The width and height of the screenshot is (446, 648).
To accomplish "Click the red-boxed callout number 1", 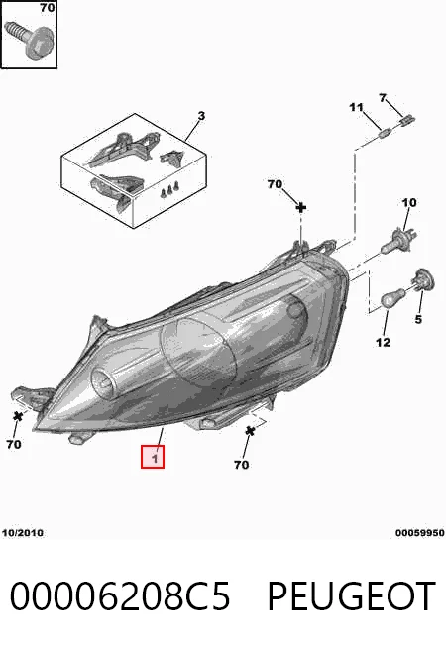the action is point(154,458).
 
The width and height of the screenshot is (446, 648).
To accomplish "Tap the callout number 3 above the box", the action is point(201,116).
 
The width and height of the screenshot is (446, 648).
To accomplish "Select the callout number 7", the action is point(383,98).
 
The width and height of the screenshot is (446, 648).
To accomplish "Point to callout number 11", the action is point(356,108).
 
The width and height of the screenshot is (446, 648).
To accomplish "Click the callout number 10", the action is point(409,203).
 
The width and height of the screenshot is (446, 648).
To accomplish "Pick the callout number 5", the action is point(418,319).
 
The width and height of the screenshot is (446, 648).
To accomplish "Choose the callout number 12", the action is point(384,342).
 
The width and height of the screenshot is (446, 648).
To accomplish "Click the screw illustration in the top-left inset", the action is point(29,40).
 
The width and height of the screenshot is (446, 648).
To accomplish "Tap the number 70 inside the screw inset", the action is point(48,8).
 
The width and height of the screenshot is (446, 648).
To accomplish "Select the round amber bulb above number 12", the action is point(392,298).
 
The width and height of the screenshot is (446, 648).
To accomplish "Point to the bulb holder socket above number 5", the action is point(422,279).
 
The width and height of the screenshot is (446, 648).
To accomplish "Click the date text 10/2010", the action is point(23,533).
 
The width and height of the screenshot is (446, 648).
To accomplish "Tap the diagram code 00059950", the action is point(420,533).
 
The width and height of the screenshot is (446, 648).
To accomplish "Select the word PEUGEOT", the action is point(351,596).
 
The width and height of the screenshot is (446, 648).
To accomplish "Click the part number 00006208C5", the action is point(120,596).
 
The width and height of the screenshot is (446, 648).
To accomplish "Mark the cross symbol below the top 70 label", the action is point(301,207).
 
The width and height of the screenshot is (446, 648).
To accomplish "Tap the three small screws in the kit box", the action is point(170,189).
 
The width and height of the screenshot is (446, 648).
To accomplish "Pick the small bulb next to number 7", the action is point(407,121).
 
